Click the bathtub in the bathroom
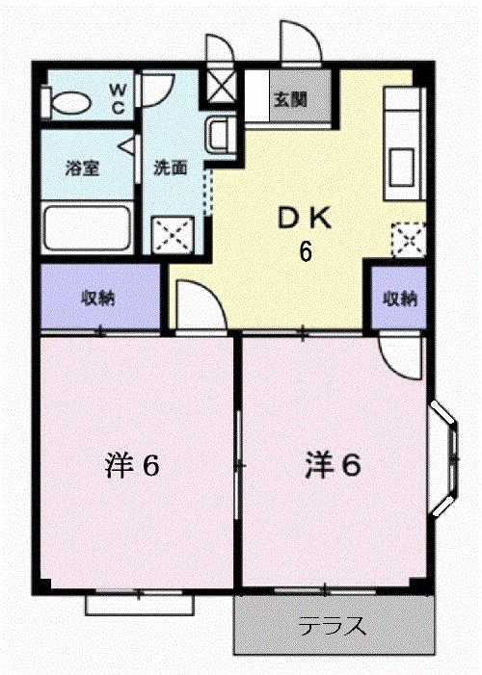(87, 227)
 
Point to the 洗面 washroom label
(171, 167)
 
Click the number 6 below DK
(305, 252)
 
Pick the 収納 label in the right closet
(400, 298)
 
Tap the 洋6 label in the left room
(132, 466)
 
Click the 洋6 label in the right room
(333, 466)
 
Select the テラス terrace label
(332, 628)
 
